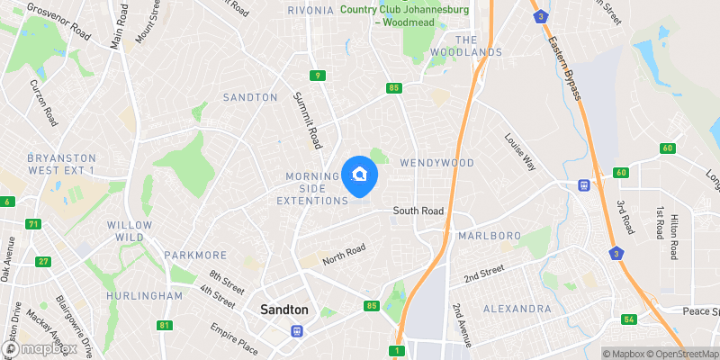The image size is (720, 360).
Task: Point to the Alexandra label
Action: tap(517, 309)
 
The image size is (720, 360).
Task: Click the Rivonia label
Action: tap(311, 10)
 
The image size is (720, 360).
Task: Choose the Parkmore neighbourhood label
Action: tap(194, 255)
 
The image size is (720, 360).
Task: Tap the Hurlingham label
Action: tap(145, 295)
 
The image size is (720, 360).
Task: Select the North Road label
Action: tap(345, 255)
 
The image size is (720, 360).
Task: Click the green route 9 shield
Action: tap(318, 76)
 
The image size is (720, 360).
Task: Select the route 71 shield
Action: tap(34, 224)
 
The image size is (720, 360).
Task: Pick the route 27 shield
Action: tap(42, 262)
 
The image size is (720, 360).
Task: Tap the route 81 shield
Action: tap(163, 325)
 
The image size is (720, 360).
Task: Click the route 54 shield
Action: tap(629, 319)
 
